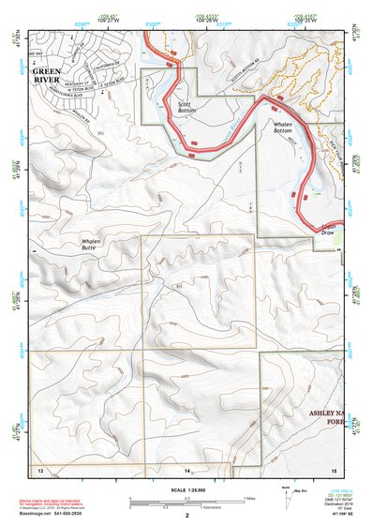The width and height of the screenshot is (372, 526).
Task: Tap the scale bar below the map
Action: pyautogui.click(x=186, y=499)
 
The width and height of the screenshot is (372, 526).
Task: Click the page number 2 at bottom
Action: pyautogui.click(x=187, y=515)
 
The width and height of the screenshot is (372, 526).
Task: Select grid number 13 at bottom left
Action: pyautogui.click(x=40, y=468)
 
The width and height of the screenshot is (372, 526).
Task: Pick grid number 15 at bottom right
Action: pyautogui.click(x=333, y=468)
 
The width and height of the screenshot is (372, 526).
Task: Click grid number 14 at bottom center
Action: pyautogui.click(x=187, y=468)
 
